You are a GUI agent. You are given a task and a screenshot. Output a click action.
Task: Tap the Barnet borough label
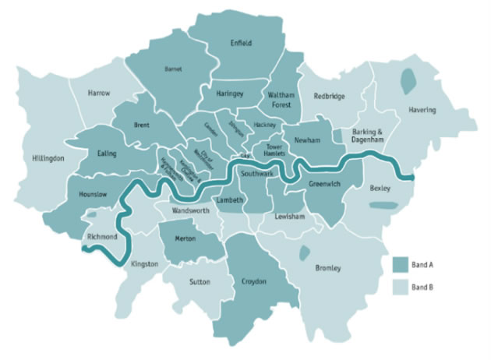173,69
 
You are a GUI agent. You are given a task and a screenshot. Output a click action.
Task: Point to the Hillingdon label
48,158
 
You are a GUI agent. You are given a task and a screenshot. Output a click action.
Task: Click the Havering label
422,111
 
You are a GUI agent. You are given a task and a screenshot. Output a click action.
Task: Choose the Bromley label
327,268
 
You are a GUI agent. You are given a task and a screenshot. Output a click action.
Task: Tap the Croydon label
254,281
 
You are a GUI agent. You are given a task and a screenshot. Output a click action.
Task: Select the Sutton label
199,281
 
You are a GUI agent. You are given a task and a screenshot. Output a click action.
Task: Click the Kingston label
144,264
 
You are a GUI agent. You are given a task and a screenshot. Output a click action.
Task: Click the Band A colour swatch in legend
402,263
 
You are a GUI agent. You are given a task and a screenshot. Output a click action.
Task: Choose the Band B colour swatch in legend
402,286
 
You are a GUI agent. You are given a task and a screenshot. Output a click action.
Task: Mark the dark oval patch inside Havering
407,79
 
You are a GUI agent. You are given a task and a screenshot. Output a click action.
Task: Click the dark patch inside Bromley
304,252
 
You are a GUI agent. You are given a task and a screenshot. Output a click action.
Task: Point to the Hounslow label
93,194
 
